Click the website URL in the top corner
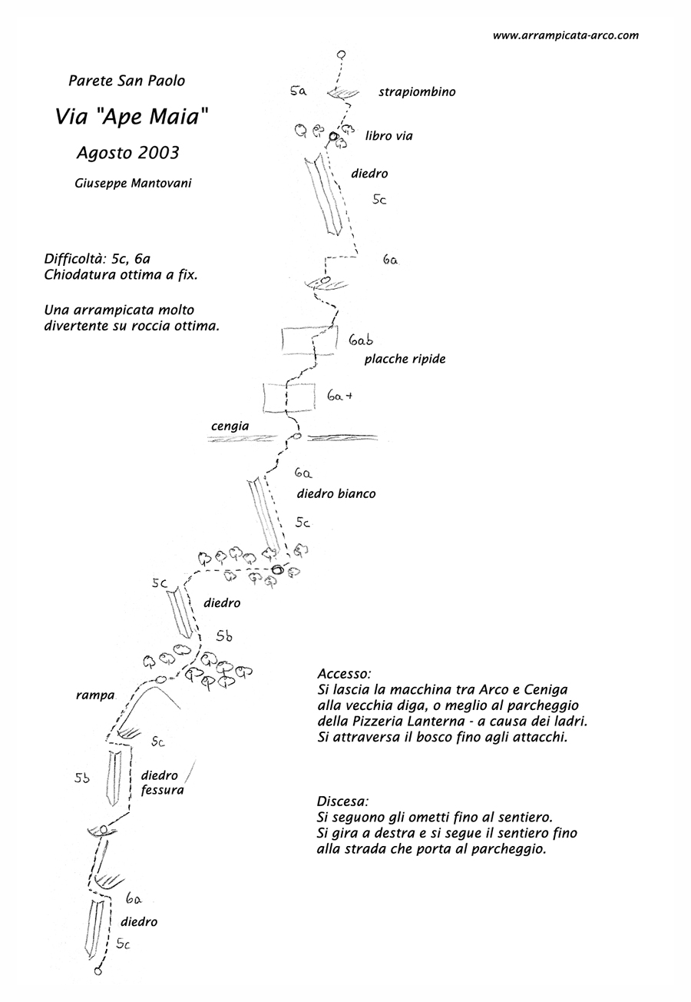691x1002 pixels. tap(565, 35)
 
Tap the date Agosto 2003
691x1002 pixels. tap(127, 152)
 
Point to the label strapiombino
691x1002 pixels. tap(417, 92)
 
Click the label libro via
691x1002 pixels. tap(388, 136)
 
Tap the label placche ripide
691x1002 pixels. tap(405, 359)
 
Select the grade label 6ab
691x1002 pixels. tap(361, 340)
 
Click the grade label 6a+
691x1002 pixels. tap(339, 396)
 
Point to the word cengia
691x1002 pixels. tap(230, 426)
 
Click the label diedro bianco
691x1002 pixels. tap(336, 494)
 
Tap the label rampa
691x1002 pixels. tap(95, 695)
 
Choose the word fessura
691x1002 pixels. tap(162, 790)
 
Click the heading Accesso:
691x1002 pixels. tap(344, 674)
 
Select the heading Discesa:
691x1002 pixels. tap(342, 801)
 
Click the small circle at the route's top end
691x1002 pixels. tap(342, 55)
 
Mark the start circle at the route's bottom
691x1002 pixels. tap(98, 971)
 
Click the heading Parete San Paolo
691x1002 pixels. tap(127, 81)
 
